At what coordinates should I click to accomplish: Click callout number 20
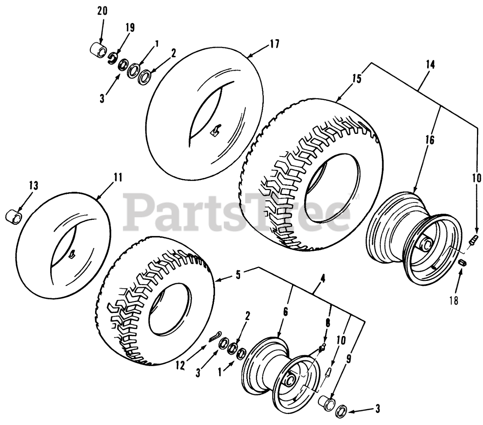(x=102, y=11)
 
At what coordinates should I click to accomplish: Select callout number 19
(x=130, y=28)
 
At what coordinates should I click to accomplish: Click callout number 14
(x=431, y=64)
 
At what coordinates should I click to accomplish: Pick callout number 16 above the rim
(x=430, y=140)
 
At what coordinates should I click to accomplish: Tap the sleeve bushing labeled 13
(x=14, y=218)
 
